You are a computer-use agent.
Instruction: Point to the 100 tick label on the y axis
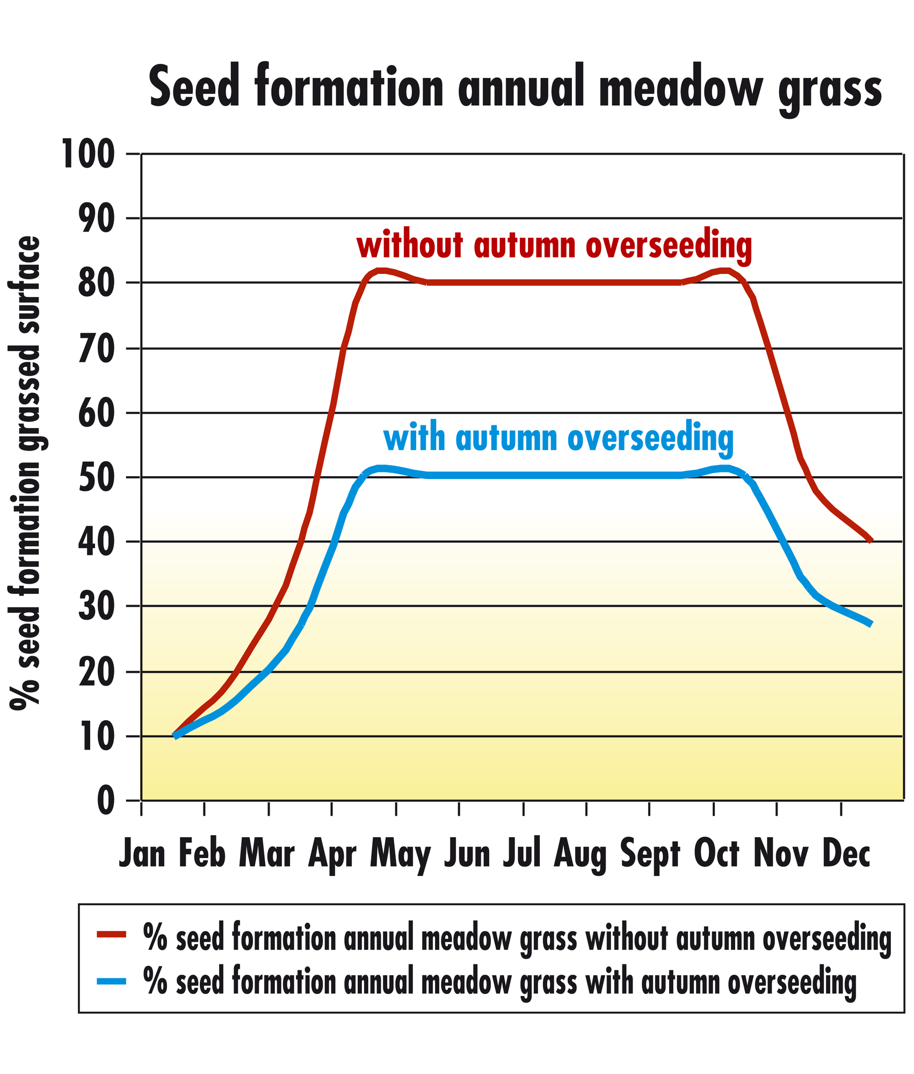click(89, 154)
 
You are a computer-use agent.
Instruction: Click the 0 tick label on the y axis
click(106, 801)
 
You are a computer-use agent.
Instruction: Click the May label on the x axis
click(401, 855)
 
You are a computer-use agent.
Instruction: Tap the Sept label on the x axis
click(650, 855)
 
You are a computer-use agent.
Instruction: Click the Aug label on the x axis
click(581, 855)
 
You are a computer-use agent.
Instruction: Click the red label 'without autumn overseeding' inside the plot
click(554, 246)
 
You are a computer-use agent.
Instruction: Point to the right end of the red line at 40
click(871, 541)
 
